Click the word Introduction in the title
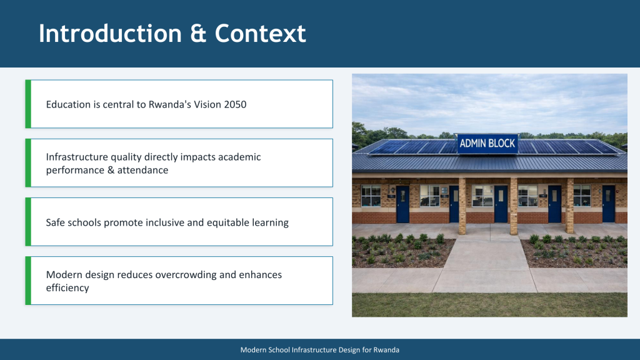(110, 33)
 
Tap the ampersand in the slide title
(198, 34)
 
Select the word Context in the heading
(261, 33)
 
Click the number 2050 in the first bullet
(235, 104)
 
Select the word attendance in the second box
(142, 170)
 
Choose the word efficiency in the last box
(67, 287)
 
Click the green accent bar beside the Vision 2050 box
(28, 104)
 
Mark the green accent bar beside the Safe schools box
(28, 222)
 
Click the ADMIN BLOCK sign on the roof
(487, 144)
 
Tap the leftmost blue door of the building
(402, 204)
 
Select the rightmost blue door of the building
(608, 204)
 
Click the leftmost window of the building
(371, 196)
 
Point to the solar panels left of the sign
(412, 147)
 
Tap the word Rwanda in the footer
(386, 350)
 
